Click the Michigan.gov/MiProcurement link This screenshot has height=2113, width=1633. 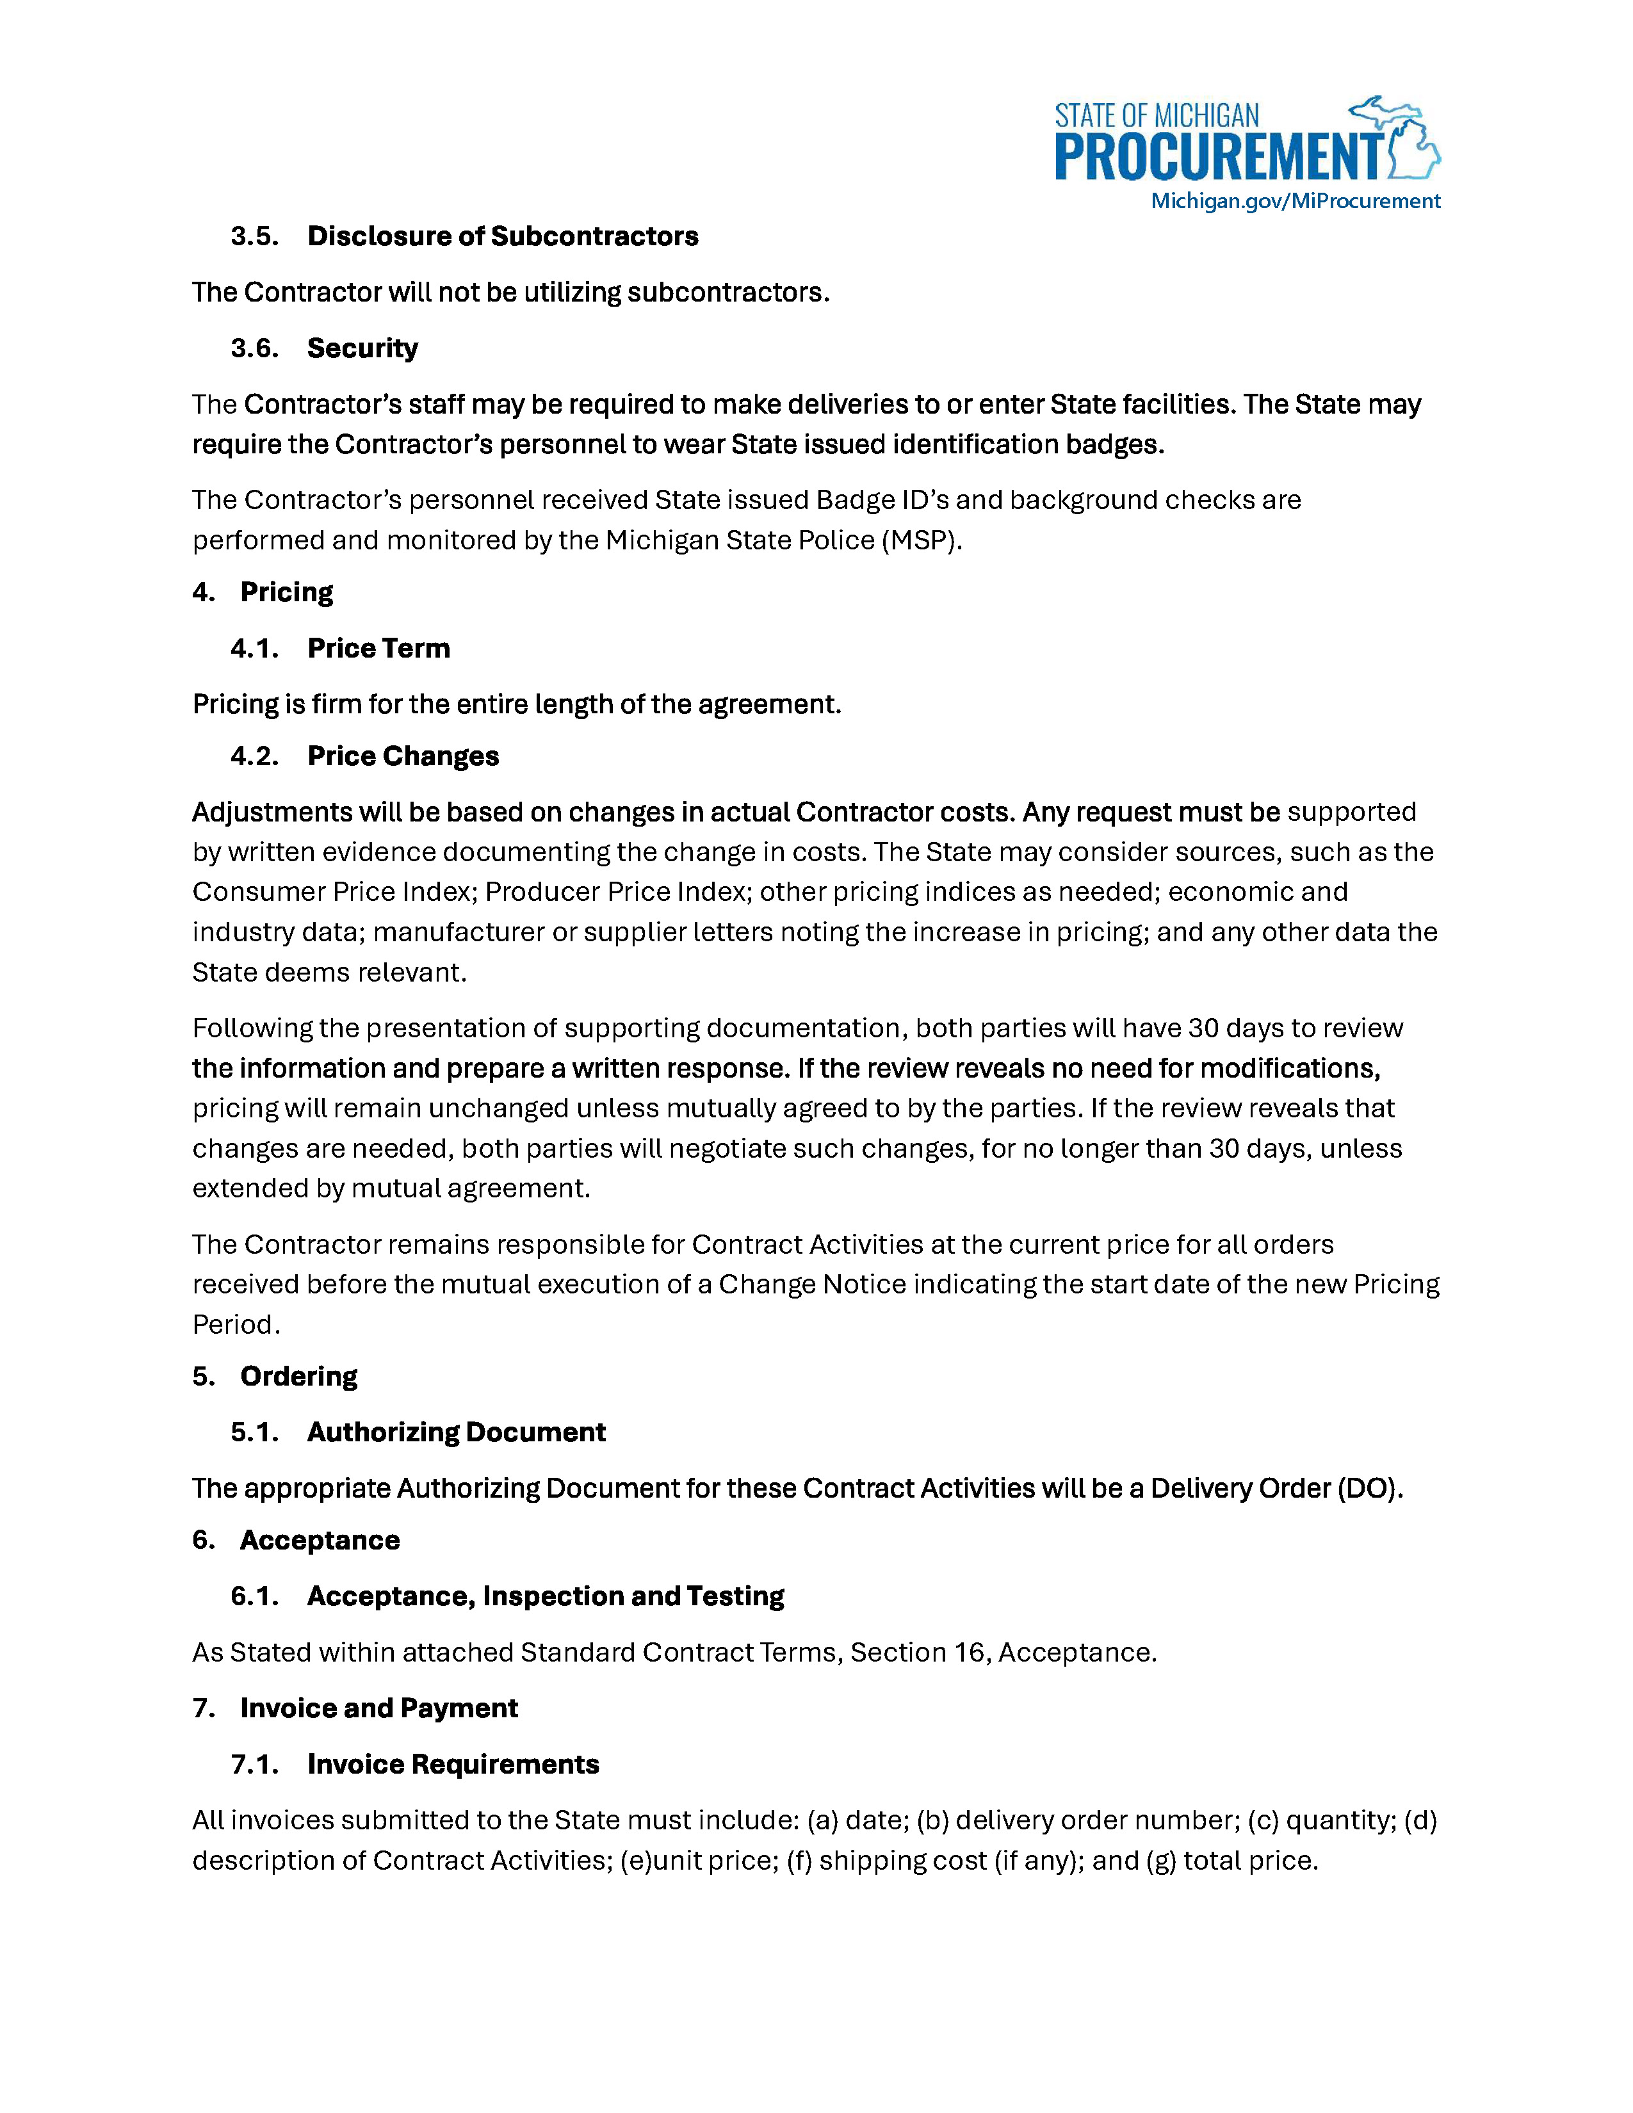click(x=1294, y=200)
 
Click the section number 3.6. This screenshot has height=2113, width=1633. click(x=254, y=348)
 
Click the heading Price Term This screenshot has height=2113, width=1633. click(x=378, y=648)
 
